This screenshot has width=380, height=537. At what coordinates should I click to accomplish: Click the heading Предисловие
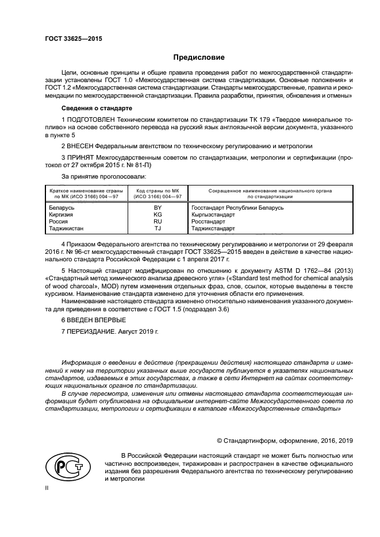tap(199, 57)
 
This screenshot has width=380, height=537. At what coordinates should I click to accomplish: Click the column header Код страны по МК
tap(158, 192)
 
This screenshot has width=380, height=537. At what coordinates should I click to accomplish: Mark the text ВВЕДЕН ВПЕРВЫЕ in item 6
tap(96, 319)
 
